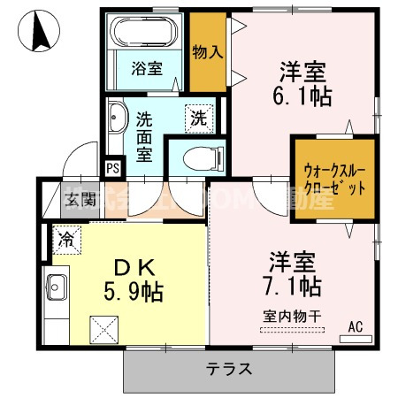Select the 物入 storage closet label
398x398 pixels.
tap(208, 52)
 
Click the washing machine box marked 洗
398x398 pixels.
tap(199, 116)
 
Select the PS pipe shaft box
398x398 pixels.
tap(112, 167)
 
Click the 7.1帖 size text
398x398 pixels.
tap(291, 286)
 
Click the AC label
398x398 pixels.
tap(356, 327)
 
